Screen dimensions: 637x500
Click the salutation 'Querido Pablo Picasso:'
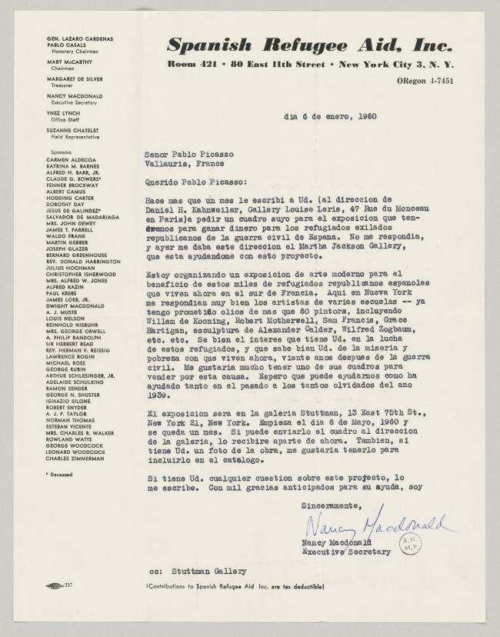click(198, 182)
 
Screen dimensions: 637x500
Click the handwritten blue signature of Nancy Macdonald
click(377, 525)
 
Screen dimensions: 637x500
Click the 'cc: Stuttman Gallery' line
click(199, 572)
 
